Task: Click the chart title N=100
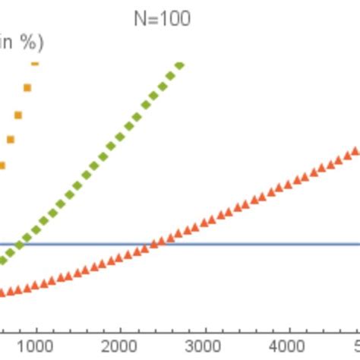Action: click(162, 18)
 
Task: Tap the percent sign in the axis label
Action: click(27, 44)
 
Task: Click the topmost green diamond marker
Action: click(179, 65)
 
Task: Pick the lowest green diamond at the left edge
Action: click(2, 261)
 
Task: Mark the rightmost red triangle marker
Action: click(355, 152)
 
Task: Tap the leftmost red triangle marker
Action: click(2, 292)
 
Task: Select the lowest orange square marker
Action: click(2, 165)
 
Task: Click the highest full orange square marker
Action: click(27, 87)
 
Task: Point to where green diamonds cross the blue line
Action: click(18, 245)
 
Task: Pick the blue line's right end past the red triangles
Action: click(358, 245)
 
